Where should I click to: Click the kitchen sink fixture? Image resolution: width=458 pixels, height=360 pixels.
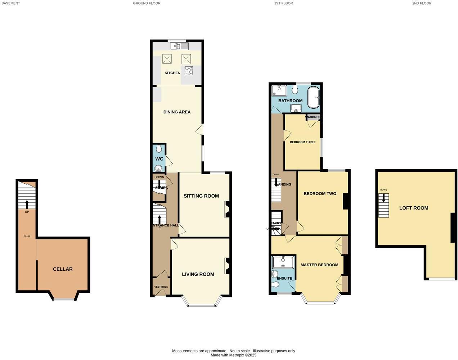pos(179,46)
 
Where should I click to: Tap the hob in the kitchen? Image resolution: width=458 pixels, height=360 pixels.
pos(189,71)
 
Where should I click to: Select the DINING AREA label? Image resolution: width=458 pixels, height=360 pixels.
pos(177,112)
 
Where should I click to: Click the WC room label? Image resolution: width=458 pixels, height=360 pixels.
pos(159,159)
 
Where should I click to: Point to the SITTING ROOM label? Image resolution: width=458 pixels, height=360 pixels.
pos(201,196)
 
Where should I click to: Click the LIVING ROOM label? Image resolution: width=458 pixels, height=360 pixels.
pos(198,274)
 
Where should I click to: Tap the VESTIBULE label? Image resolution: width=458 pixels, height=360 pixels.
pos(161,287)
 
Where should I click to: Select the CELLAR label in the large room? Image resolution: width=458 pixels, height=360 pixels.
pos(63,269)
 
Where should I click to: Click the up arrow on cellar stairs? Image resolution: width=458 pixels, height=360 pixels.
pos(27,204)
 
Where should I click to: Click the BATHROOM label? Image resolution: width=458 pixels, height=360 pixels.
pos(290,101)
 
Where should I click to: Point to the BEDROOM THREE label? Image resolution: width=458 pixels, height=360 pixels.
pos(303,142)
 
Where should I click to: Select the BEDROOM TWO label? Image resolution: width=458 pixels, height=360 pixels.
pos(320,194)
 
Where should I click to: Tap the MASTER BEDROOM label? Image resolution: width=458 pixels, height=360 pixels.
pos(319,265)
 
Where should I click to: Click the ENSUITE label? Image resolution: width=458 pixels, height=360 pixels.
pos(284,279)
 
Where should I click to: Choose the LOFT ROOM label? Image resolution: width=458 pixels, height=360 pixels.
pos(414,208)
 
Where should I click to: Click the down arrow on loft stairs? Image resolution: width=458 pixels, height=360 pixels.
pos(383,197)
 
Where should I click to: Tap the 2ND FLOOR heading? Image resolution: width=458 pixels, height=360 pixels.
pos(422,3)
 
